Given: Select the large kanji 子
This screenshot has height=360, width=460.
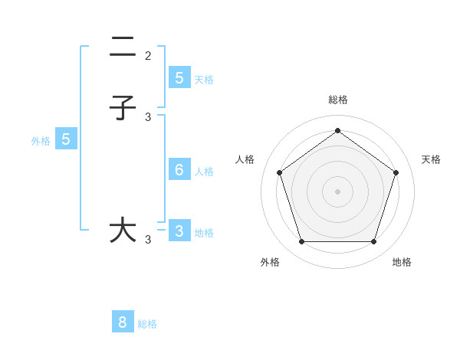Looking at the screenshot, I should [x=123, y=108].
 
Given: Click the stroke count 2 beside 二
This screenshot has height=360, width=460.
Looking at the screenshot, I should [x=148, y=56].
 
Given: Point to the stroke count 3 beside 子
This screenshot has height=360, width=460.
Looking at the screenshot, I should [x=148, y=117].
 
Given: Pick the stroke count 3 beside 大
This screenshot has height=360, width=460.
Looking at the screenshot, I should [x=148, y=240].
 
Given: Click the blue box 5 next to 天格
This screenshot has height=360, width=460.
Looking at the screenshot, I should [x=179, y=77].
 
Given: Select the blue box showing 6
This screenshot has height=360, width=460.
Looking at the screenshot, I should [x=179, y=169].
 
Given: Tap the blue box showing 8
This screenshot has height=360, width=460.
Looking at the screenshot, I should [x=123, y=322].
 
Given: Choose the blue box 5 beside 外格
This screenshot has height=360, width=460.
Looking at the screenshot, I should [x=66, y=139].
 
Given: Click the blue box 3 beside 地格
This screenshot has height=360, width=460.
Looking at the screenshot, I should [x=179, y=231].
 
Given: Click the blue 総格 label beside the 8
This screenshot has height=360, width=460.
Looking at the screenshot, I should [x=147, y=324].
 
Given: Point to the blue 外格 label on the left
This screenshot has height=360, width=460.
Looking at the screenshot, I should [x=40, y=141].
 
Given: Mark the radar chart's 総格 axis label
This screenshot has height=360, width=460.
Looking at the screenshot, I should [x=337, y=100].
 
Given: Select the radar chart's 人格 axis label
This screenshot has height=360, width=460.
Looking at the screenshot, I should [x=245, y=159].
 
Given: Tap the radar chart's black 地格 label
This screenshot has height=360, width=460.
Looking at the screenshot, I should [x=402, y=262].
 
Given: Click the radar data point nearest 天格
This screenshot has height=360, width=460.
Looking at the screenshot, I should [x=396, y=172].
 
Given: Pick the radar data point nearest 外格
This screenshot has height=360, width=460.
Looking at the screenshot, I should [x=301, y=241].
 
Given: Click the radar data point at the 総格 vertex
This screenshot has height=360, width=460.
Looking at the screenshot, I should [x=337, y=130].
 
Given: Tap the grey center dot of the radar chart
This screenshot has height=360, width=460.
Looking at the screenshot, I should [x=337, y=191].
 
